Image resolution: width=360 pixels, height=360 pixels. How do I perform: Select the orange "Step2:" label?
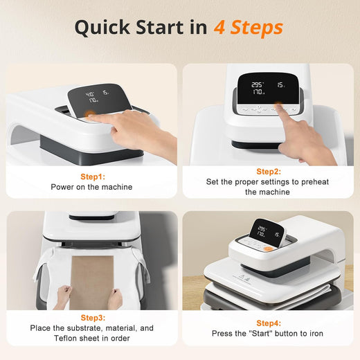tap(269, 171)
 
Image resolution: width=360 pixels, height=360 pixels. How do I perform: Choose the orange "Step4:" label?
tap(269, 323)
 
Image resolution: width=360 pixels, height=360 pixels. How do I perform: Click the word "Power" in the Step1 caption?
tap(63, 187)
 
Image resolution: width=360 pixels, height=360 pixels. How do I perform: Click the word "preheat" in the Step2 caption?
tap(319, 181)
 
